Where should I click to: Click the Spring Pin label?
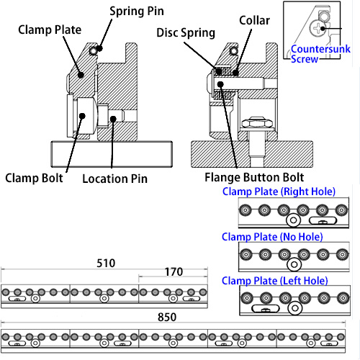pyautogui.click(x=137, y=12)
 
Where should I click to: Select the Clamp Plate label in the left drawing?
pyautogui.click(x=50, y=30)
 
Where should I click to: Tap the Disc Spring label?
pyautogui.click(x=186, y=33)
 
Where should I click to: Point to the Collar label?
pyautogui.click(x=254, y=20)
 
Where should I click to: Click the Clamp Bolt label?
pyautogui.click(x=34, y=178)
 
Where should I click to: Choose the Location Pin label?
pyautogui.click(x=115, y=179)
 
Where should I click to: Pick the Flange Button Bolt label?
pyautogui.click(x=254, y=177)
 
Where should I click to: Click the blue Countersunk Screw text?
pyautogui.click(x=320, y=54)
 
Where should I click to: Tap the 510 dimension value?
pyautogui.click(x=106, y=264)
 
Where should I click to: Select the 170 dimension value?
pyautogui.click(x=174, y=272)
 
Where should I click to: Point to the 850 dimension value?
pyautogui.click(x=167, y=317)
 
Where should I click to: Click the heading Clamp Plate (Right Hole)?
pyautogui.click(x=279, y=192)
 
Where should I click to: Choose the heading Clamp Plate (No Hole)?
pyautogui.click(x=272, y=237)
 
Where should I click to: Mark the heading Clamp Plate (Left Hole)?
pyautogui.click(x=275, y=281)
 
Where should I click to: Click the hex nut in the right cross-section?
pyautogui.click(x=257, y=123)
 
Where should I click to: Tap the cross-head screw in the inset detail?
pyautogui.click(x=318, y=27)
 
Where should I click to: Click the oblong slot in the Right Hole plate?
pyautogui.click(x=323, y=220)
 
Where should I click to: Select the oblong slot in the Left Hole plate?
pyautogui.click(x=266, y=309)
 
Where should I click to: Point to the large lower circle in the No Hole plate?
pyautogui.click(x=294, y=265)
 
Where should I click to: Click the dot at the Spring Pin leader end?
pyautogui.click(x=100, y=48)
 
